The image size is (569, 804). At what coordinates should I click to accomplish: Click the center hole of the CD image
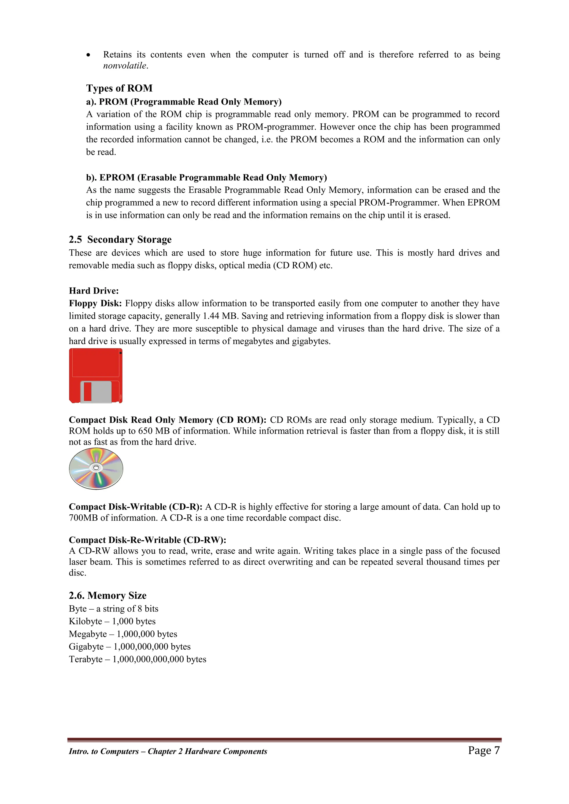(96, 468)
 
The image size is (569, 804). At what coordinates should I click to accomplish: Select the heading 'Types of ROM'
(119, 88)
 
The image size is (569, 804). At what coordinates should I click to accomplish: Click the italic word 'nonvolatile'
(125, 66)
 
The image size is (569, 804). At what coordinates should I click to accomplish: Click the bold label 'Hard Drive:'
(94, 291)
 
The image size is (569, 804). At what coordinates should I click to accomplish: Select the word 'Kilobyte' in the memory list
(85, 621)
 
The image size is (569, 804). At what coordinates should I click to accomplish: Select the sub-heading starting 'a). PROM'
(184, 102)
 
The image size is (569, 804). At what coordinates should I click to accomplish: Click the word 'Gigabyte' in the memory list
(86, 647)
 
